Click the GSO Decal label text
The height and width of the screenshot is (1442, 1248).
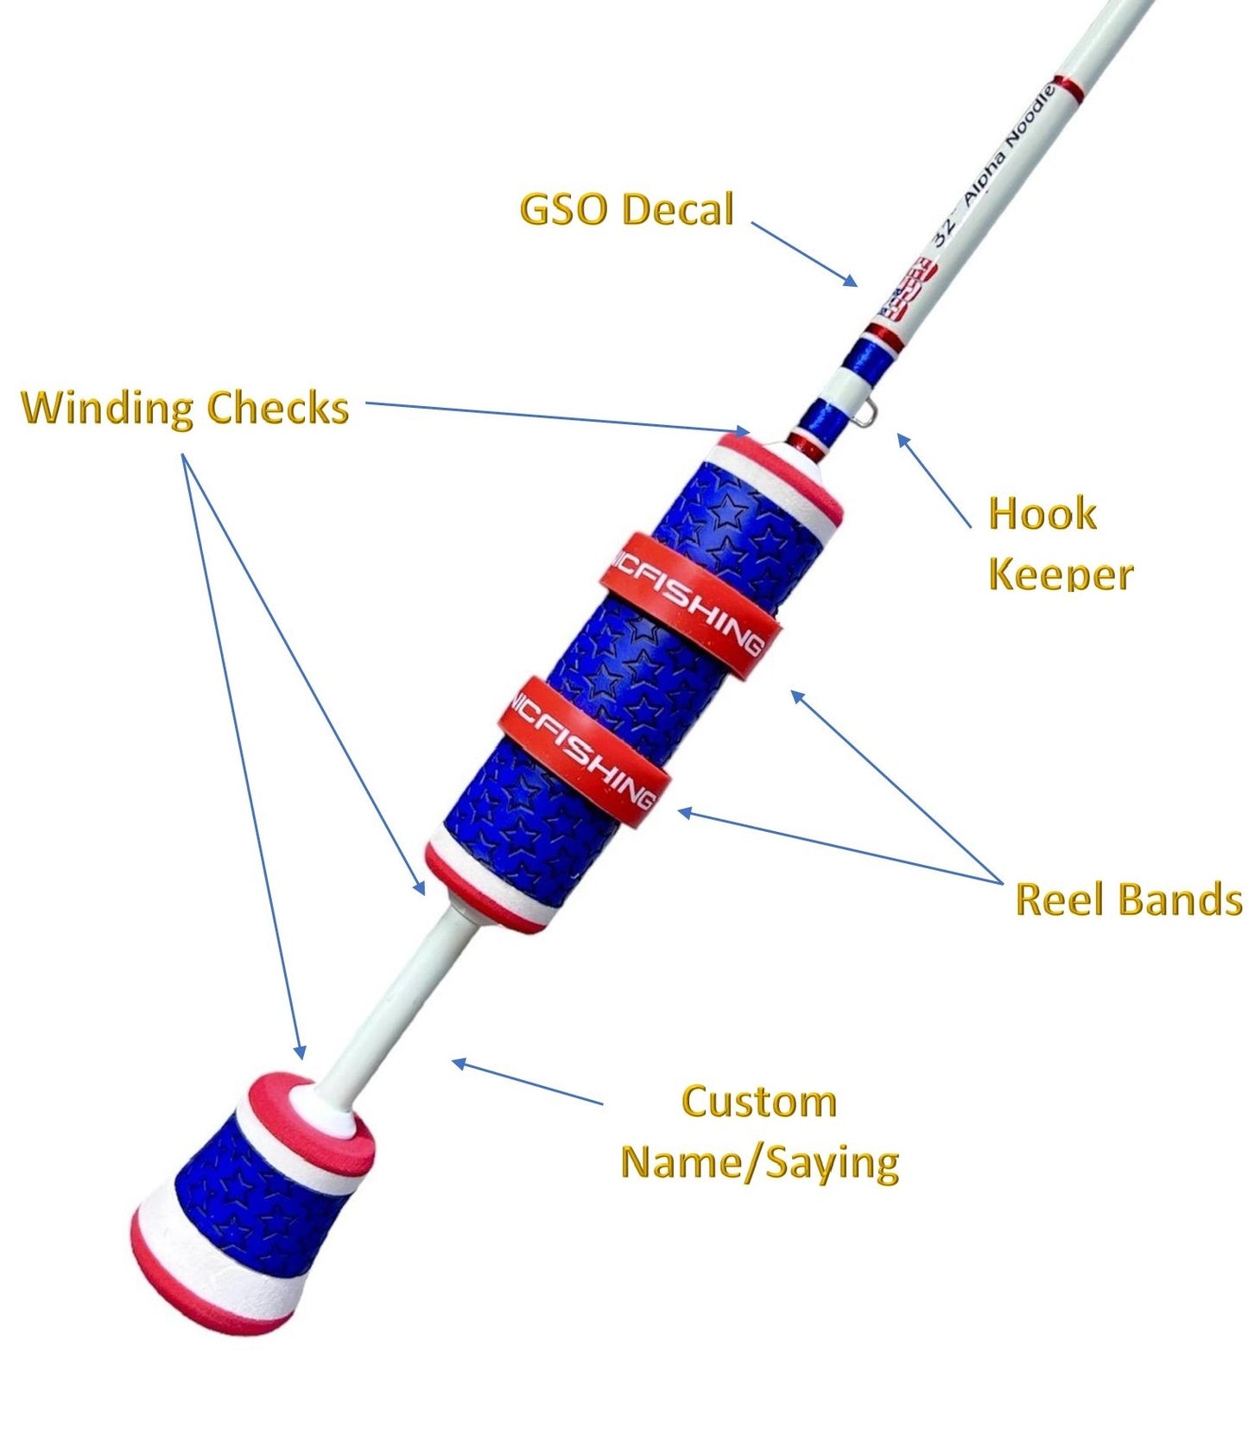click(x=626, y=210)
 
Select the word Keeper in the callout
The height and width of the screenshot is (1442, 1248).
click(x=1061, y=575)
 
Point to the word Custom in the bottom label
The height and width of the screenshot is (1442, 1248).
click(x=758, y=1102)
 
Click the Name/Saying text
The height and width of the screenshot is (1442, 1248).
click(x=759, y=1162)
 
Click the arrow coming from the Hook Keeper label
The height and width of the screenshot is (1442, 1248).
click(x=934, y=480)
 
